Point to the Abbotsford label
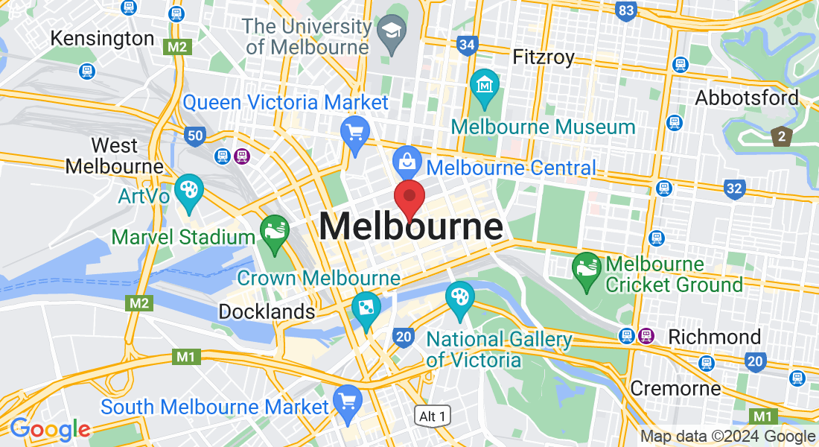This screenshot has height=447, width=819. (746, 98)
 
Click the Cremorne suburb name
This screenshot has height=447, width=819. (675, 388)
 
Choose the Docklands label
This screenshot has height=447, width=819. (267, 311)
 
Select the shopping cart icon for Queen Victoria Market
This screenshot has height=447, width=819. (355, 133)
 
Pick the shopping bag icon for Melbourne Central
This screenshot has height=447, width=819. (408, 161)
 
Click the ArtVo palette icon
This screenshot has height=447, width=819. (188, 190)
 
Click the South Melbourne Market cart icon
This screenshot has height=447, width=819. (348, 401)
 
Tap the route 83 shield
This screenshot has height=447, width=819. (626, 11)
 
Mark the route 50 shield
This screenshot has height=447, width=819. (196, 135)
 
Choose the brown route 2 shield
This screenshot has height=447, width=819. (781, 136)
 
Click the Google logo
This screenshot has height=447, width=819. (50, 429)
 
